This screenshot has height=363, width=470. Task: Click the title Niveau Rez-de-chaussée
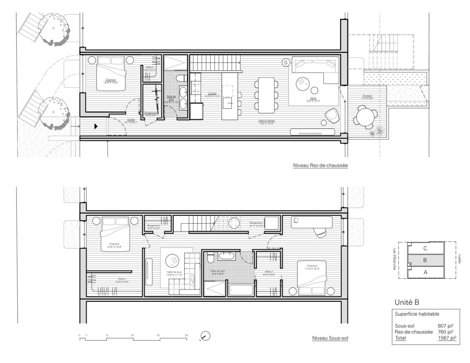pos(320,165)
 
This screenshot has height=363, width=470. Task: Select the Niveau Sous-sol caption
pos(330,338)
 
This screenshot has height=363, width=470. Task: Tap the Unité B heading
pos(407,302)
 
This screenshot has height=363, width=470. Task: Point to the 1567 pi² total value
pos(447,338)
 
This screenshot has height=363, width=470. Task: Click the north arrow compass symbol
pos(205,336)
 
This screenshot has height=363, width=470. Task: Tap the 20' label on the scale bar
pos(186,335)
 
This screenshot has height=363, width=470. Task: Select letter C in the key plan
pos(425,248)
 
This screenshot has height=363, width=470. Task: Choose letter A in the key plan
pos(425,273)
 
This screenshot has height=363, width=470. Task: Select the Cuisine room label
pos(212,94)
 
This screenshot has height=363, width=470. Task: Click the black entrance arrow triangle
pos(96,126)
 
